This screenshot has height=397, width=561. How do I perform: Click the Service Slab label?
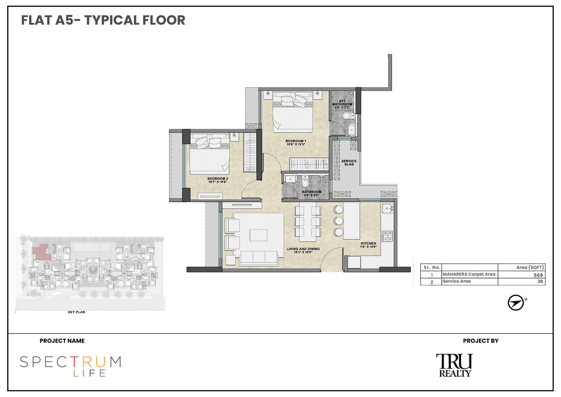click(349, 163)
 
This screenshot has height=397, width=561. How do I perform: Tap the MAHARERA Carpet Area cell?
click(469, 274)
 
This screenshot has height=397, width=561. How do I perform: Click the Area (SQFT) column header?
click(531, 267)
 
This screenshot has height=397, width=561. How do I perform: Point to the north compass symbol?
click(516, 303)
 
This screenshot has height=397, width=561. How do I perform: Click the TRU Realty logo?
click(454, 365)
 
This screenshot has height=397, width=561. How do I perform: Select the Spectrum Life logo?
click(71, 366)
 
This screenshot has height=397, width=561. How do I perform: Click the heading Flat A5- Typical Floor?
click(103, 20)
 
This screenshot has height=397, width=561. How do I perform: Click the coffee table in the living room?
click(258, 235)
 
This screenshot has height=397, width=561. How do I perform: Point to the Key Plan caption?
click(76, 312)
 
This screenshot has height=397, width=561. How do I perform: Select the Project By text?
click(480, 340)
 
